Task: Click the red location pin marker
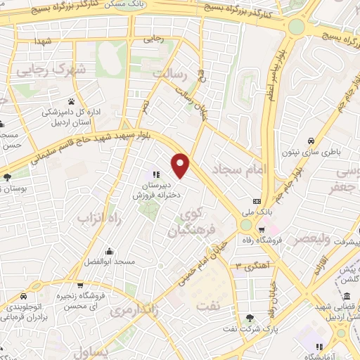click(x=181, y=165)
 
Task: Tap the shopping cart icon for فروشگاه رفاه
click(x=262, y=229)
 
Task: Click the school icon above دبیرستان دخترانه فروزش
click(x=155, y=174)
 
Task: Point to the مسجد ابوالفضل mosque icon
click(x=109, y=251)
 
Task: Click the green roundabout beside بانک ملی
click(x=245, y=225)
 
